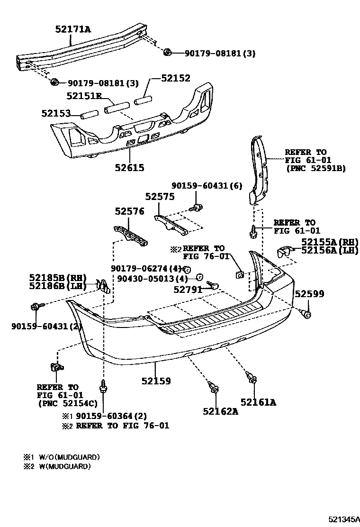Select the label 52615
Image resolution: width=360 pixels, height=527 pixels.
tap(129, 167)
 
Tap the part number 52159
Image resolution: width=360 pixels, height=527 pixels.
tap(156, 381)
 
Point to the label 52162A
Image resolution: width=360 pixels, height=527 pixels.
tap(220, 411)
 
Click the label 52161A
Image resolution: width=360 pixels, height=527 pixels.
tap(258, 402)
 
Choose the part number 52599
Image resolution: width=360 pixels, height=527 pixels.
tap(309, 294)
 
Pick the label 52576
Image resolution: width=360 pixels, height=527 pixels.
tap(129, 212)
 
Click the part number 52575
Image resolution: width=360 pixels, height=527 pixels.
tap(160, 197)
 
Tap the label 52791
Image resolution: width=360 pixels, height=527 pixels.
tap(188, 289)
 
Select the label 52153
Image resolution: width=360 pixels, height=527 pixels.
tap(56, 113)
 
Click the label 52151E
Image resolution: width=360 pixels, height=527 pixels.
tap(84, 96)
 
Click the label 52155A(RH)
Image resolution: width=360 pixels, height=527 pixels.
tap(329, 242)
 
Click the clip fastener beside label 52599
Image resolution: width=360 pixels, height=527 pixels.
tap(306, 313)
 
